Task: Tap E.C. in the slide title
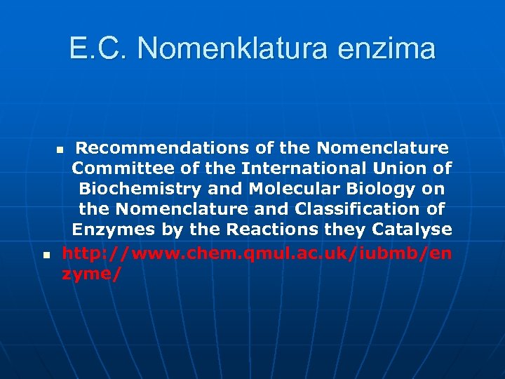[99, 48]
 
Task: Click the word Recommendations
[159, 148]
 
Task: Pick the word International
[302, 168]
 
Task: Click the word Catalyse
[413, 230]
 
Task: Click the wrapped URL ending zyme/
[91, 274]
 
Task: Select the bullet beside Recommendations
[60, 149]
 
